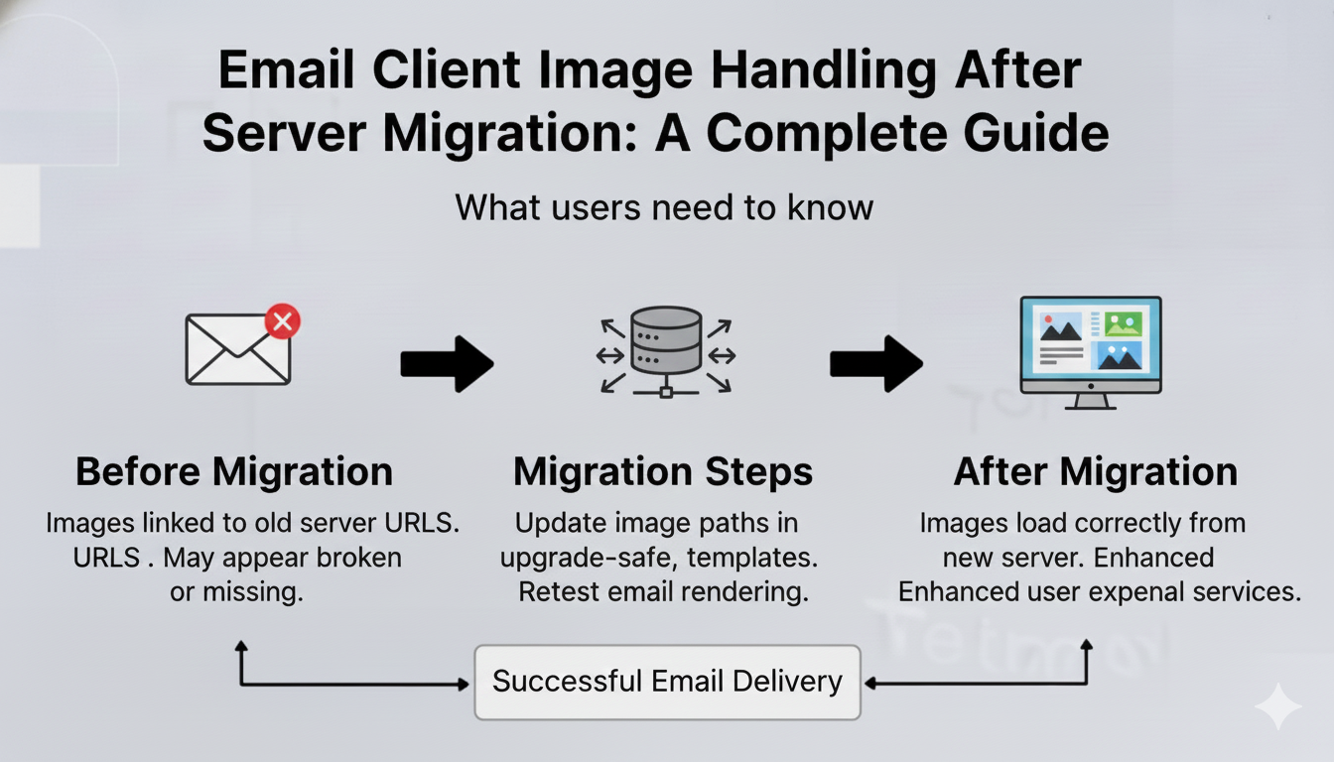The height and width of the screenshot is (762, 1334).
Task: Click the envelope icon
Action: pos(238,349)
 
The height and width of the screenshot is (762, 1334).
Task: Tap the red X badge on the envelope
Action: pos(283,321)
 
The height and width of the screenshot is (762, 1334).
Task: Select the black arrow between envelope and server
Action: pos(447,364)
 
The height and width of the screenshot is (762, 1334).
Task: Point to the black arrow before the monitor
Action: pos(876,364)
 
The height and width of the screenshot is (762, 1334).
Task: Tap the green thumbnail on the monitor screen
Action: pos(1123,323)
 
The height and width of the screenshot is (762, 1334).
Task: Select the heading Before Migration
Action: pos(234,472)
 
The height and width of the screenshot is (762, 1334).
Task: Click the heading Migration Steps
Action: pos(663,472)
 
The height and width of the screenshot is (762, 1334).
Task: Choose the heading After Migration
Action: pos(1096,472)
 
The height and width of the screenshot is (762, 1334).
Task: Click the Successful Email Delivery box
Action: pos(667,682)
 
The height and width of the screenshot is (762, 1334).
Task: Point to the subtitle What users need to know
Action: pos(664,207)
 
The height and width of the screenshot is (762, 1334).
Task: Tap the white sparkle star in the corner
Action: pos(1277,706)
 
